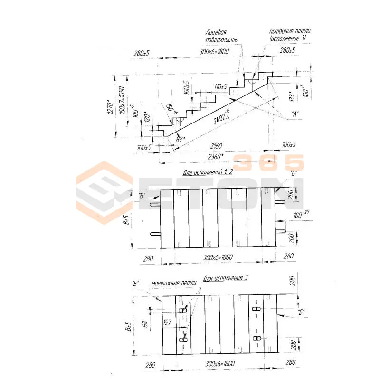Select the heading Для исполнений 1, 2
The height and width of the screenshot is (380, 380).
[208, 173]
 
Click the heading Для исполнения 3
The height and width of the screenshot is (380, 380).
[226, 278]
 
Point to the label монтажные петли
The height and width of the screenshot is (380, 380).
[173, 283]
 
